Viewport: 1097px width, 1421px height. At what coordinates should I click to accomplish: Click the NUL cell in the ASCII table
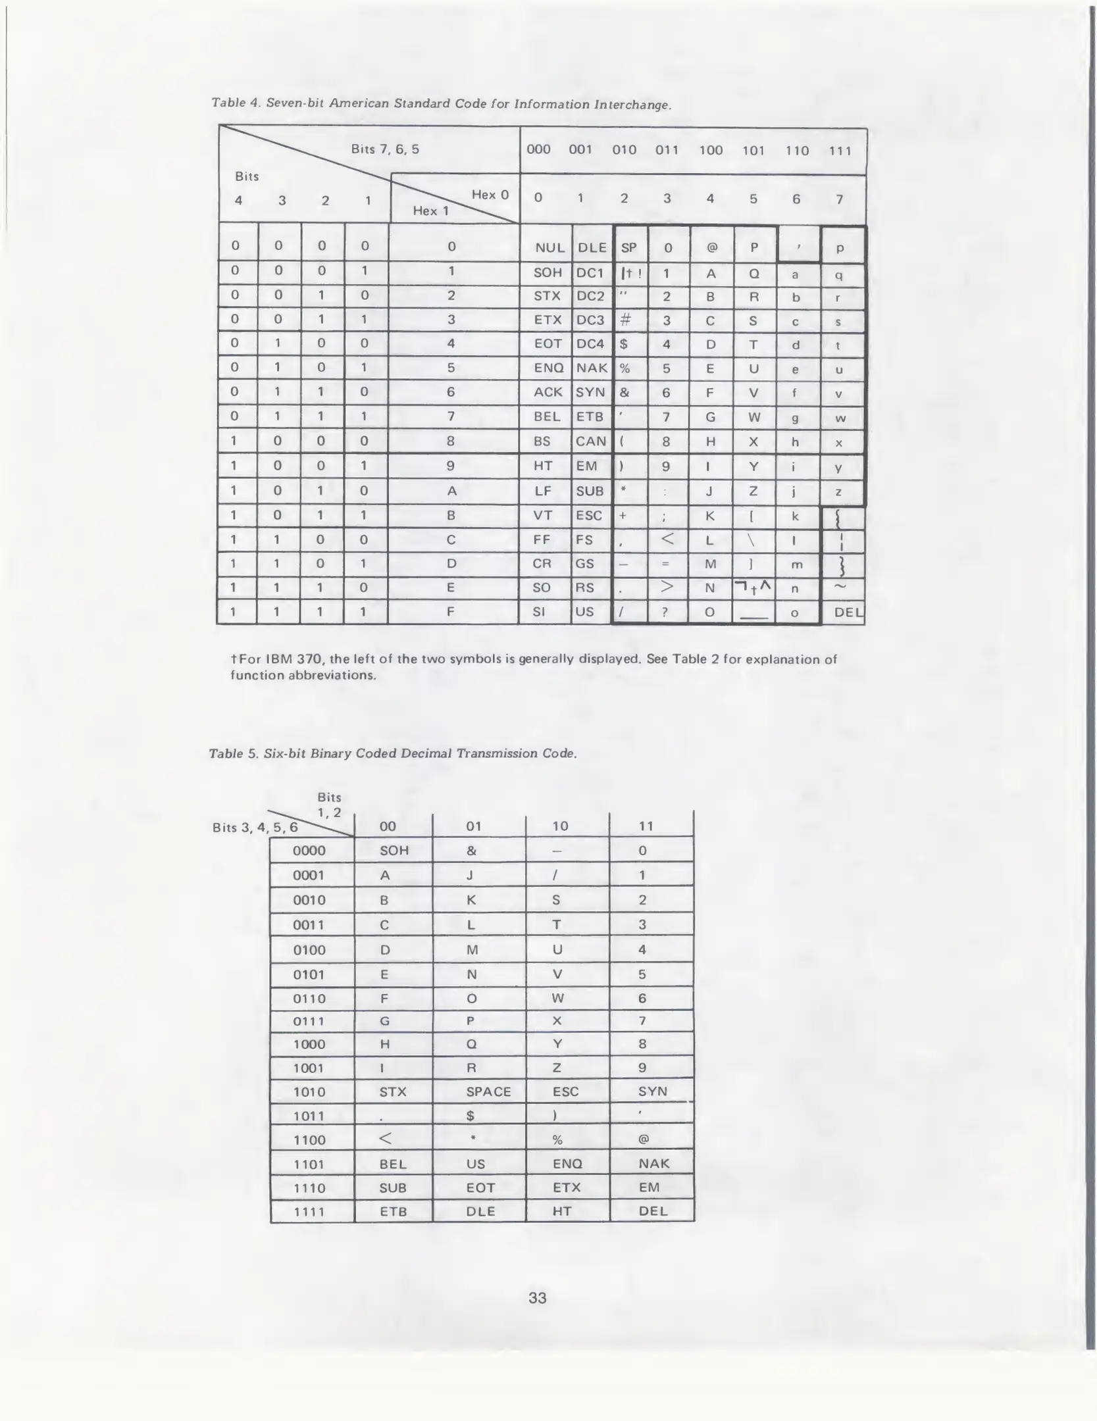pyautogui.click(x=549, y=248)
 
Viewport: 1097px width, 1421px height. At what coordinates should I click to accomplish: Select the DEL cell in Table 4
pyautogui.click(x=848, y=612)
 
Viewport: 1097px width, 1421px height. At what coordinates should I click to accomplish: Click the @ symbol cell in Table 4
pyautogui.click(x=711, y=248)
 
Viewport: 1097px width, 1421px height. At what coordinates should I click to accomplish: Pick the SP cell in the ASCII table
pyautogui.click(x=628, y=248)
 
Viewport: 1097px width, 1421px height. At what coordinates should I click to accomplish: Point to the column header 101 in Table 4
pyautogui.click(x=753, y=151)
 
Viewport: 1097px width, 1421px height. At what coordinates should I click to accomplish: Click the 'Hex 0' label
pyautogui.click(x=490, y=195)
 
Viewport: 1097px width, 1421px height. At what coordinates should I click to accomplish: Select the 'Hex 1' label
pyautogui.click(x=430, y=211)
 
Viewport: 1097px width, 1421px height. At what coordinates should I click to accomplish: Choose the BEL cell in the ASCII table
pyautogui.click(x=548, y=416)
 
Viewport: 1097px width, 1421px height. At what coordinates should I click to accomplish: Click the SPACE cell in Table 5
pyautogui.click(x=488, y=1091)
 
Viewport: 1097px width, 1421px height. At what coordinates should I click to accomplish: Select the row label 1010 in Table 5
pyautogui.click(x=309, y=1092)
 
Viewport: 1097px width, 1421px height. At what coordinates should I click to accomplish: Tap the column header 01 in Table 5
pyautogui.click(x=474, y=826)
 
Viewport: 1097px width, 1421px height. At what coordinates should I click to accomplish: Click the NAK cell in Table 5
pyautogui.click(x=653, y=1163)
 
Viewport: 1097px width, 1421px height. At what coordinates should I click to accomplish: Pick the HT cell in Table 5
pyautogui.click(x=561, y=1211)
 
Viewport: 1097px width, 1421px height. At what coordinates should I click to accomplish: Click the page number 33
pyautogui.click(x=538, y=1297)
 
